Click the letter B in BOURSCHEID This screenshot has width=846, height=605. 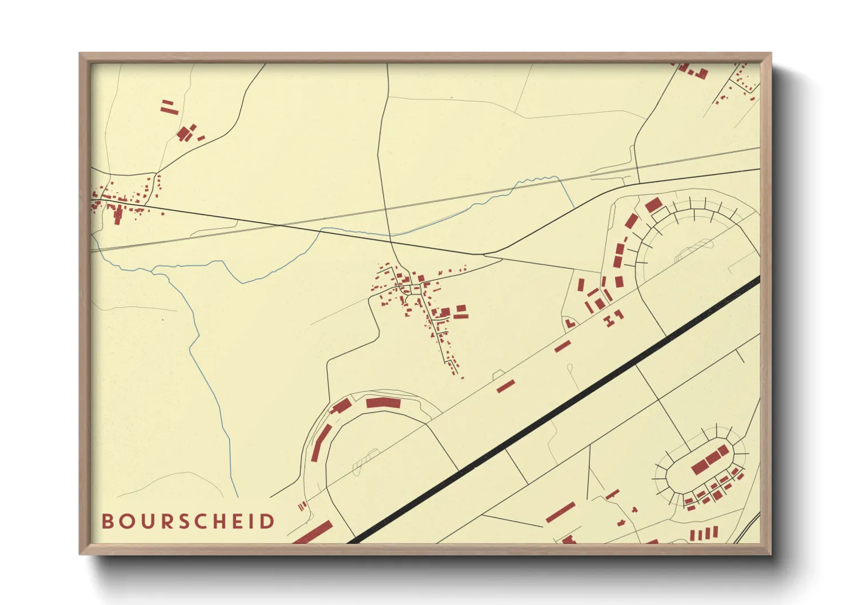107,522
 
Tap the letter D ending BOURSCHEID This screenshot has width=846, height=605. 268,522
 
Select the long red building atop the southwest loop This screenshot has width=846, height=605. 383,403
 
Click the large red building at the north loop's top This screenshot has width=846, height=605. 653,205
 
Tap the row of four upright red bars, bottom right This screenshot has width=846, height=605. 703,534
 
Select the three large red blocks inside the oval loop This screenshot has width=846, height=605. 711,460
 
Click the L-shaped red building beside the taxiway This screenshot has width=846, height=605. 569,324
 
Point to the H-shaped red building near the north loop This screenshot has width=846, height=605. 614,318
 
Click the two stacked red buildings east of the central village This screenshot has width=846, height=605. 461,312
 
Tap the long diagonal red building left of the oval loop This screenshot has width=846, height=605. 560,512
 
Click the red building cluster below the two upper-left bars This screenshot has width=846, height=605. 186,134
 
